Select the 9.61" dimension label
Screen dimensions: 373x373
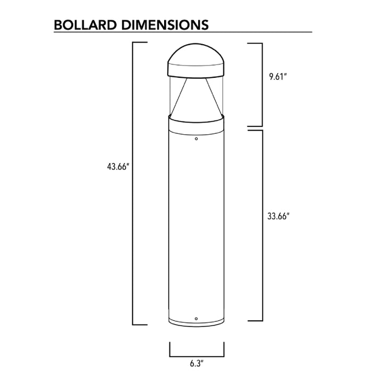[278, 77]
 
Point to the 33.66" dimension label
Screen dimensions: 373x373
[278, 216]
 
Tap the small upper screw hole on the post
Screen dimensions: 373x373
[197, 139]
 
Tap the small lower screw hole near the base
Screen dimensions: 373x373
[197, 319]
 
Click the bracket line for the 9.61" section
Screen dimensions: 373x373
[262, 84]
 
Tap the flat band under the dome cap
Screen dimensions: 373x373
[197, 70]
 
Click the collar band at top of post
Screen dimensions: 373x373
[197, 125]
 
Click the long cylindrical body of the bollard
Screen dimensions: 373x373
[197, 224]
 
